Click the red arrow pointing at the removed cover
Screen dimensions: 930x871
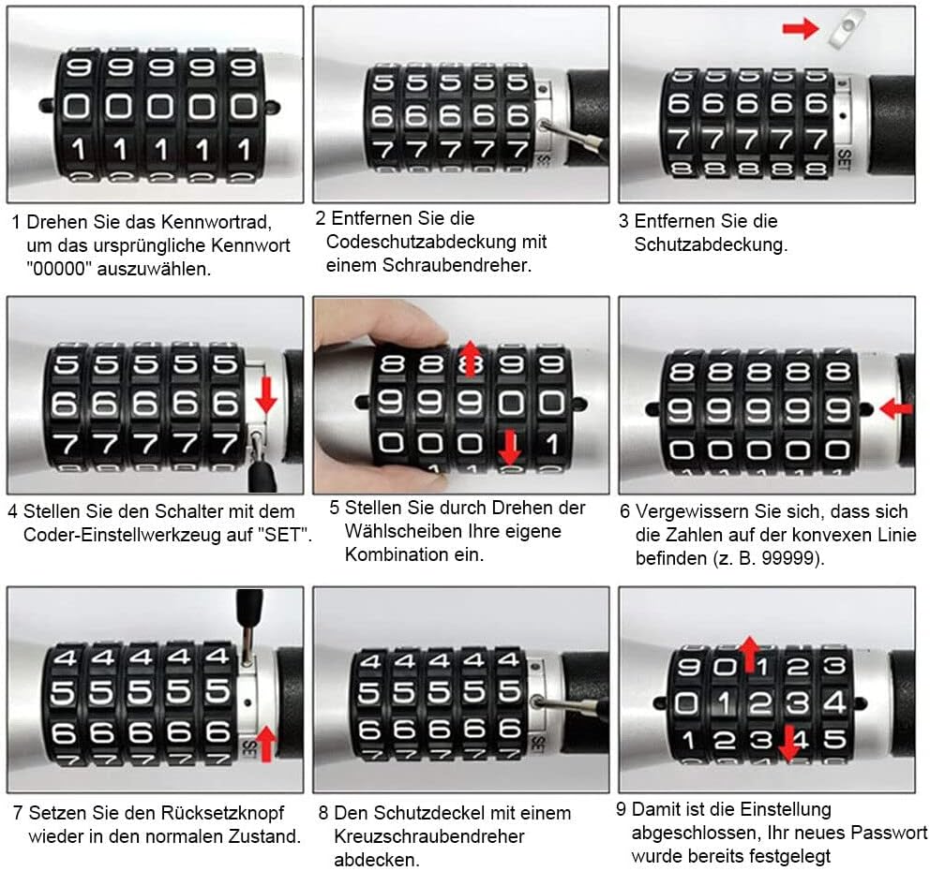coord(801,28)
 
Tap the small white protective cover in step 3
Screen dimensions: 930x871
coord(846,30)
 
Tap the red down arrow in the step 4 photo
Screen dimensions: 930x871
coord(265,394)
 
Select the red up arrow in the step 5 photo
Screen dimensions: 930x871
coord(471,359)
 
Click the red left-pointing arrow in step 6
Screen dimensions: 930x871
coord(896,408)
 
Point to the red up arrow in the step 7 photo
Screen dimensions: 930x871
coord(265,743)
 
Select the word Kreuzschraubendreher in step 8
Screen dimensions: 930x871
coord(429,836)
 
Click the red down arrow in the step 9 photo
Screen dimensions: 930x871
coord(788,743)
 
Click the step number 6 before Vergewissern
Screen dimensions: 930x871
coord(625,511)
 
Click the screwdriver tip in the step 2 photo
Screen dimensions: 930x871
coord(544,125)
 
